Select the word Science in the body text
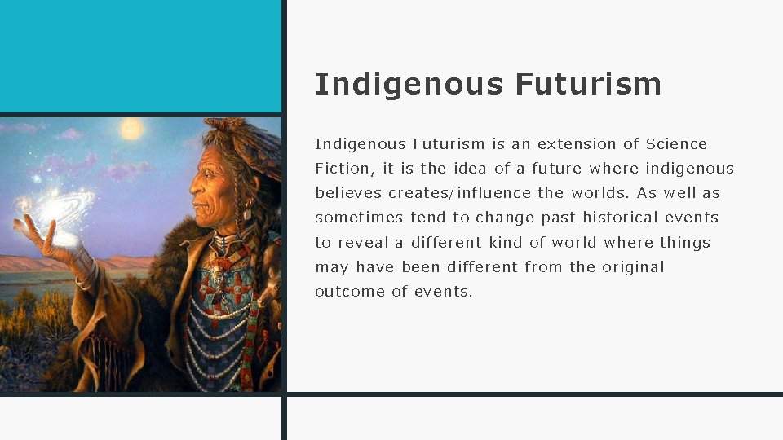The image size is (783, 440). (676, 144)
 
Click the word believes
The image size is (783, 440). (348, 193)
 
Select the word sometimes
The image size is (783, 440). (359, 218)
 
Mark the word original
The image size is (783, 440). (633, 267)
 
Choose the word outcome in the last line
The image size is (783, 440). (350, 292)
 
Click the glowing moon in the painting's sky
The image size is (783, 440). (131, 128)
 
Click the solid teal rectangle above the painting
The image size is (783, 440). (140, 55)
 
